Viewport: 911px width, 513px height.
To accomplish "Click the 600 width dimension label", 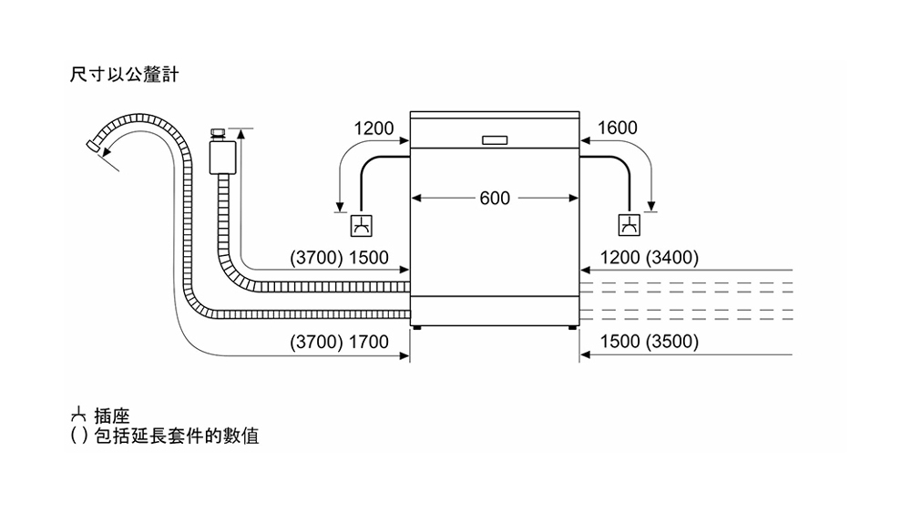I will [x=494, y=199].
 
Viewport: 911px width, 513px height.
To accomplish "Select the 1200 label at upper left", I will [x=373, y=128].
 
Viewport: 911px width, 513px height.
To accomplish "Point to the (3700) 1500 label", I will [x=339, y=259].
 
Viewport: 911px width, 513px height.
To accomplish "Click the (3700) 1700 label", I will [x=339, y=343].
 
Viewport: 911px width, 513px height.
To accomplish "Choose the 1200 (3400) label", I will [x=650, y=259].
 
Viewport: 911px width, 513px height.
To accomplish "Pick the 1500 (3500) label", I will [x=650, y=343].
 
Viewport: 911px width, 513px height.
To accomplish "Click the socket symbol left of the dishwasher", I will [x=362, y=225].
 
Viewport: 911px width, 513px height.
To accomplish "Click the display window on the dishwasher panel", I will [x=494, y=140].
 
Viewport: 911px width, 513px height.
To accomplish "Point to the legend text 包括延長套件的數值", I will [x=177, y=436].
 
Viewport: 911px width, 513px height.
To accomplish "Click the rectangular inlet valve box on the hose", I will [x=220, y=157].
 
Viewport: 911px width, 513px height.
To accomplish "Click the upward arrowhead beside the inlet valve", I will [x=241, y=135].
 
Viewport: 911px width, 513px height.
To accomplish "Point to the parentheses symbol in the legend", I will [x=79, y=436].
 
